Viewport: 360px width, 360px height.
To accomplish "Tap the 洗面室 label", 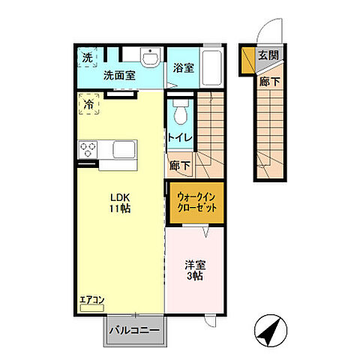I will (x=118, y=75).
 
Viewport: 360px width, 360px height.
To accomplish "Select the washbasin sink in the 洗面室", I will (x=150, y=58).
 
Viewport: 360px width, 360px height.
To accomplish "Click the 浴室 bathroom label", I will (x=184, y=67).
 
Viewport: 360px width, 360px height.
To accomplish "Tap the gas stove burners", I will (x=88, y=148).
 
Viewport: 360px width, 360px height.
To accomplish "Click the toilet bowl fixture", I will (x=179, y=113).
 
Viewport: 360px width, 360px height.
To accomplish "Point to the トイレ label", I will (x=180, y=138).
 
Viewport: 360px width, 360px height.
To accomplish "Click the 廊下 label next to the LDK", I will (x=180, y=166).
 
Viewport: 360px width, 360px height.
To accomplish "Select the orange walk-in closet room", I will (x=197, y=202).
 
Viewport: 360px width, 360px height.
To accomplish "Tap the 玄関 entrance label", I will (x=268, y=55).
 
